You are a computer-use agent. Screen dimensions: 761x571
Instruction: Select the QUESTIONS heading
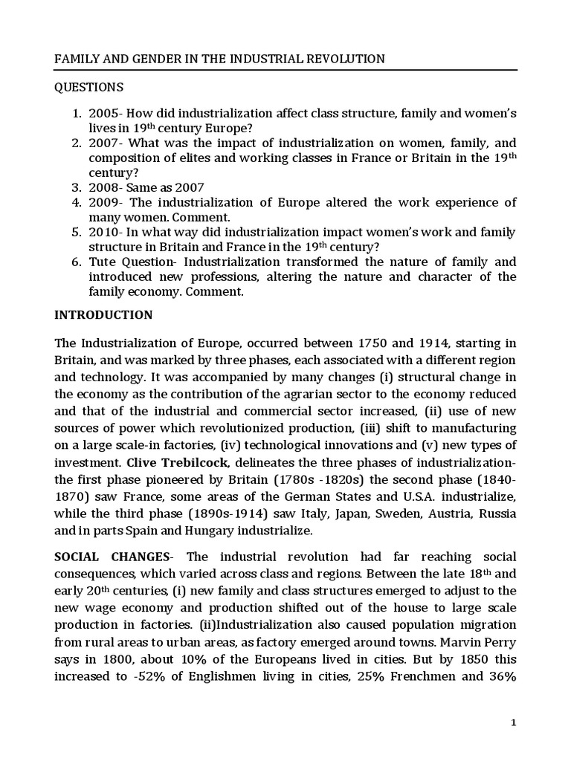pyautogui.click(x=89, y=87)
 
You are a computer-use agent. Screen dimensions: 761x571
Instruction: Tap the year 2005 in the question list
pyautogui.click(x=103, y=114)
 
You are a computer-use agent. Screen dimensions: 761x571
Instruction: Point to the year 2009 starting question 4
pyautogui.click(x=103, y=202)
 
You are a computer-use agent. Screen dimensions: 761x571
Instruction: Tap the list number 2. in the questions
pyautogui.click(x=77, y=143)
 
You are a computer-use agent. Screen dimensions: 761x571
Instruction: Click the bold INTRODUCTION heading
pyautogui.click(x=104, y=314)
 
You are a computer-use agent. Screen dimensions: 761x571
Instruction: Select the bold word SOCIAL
pyautogui.click(x=80, y=557)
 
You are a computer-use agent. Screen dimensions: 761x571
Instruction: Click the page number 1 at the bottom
pyautogui.click(x=514, y=723)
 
